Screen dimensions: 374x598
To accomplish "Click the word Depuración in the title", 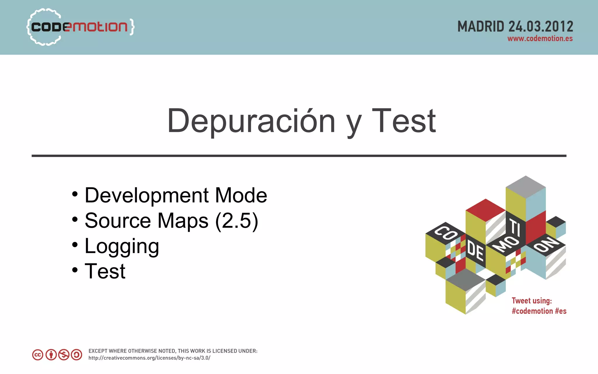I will pos(251,121).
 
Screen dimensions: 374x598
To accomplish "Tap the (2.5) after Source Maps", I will pos(237,221).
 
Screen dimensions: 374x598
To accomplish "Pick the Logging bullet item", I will pos(122,246).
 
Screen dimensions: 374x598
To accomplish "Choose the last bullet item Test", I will pos(105,271).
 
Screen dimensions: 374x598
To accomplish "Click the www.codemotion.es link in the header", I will pos(540,39).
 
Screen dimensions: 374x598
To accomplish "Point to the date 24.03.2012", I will pos(541,27).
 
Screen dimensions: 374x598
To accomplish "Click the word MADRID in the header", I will pos(481,27).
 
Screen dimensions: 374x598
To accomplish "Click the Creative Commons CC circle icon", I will pos(38,355).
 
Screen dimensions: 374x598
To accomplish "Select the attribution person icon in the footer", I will pos(51,355).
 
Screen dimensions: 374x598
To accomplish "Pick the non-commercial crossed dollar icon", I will pos(64,355).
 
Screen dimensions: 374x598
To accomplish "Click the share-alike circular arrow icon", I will pos(77,355).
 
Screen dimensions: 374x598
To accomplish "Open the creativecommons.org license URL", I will pos(149,358).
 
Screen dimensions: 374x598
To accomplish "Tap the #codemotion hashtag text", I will pos(532,311).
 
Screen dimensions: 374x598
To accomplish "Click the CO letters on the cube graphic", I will pos(446,233).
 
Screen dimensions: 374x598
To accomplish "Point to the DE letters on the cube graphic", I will pos(475,251).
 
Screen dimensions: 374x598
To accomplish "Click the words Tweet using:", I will pos(532,301).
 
